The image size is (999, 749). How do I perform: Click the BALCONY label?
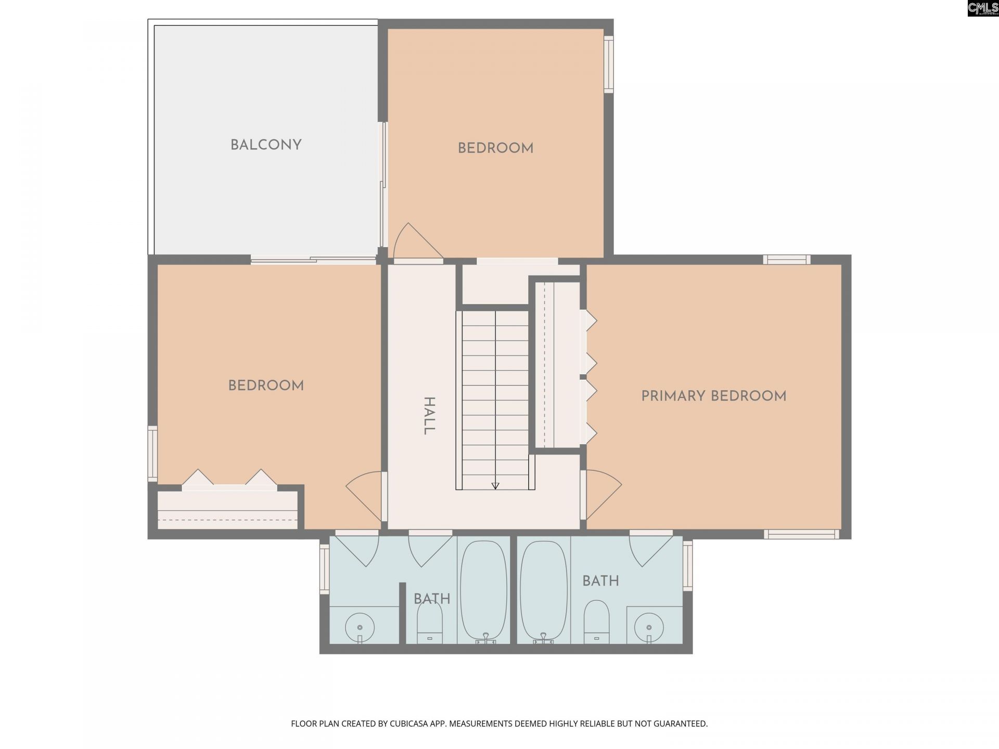(266, 145)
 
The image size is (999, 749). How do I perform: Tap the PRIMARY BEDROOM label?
(713, 396)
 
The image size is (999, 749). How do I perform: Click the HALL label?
(428, 416)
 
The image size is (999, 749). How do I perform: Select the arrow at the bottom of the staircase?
(495, 485)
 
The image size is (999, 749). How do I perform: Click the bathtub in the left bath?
(483, 590)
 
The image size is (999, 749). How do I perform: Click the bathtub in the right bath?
(544, 590)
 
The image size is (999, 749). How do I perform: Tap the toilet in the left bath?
(430, 622)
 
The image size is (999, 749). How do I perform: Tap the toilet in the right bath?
(596, 622)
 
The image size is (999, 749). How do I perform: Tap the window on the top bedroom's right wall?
(608, 64)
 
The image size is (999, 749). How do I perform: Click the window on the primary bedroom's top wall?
(786, 260)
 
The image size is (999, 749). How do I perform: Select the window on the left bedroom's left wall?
(152, 454)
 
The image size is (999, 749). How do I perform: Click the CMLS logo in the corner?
(982, 8)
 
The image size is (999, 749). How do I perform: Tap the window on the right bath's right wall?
(688, 565)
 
